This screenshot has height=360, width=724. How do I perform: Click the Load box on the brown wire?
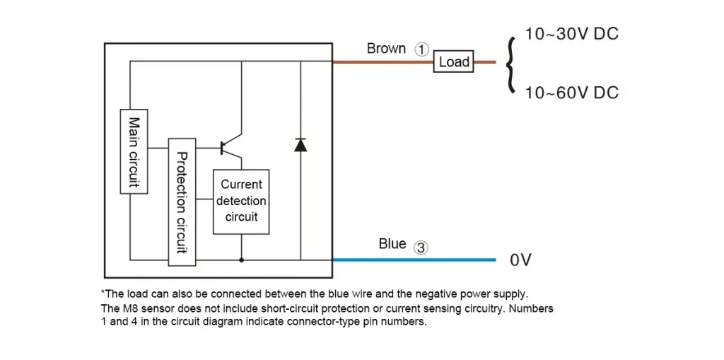(x=453, y=62)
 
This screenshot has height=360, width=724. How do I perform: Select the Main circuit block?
(x=134, y=151)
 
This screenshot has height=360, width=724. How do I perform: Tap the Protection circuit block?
(x=182, y=202)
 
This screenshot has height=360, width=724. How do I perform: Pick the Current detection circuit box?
(x=241, y=202)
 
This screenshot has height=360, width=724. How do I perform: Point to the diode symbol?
(x=300, y=145)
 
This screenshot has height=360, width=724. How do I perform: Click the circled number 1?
(x=421, y=50)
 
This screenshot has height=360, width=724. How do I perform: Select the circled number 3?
(x=420, y=248)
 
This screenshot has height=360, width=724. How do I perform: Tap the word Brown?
(x=386, y=48)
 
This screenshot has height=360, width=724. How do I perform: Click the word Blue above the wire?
(x=392, y=243)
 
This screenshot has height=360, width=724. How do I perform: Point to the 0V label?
(x=521, y=260)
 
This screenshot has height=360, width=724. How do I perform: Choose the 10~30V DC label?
(x=571, y=34)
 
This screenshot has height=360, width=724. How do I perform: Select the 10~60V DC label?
(x=571, y=93)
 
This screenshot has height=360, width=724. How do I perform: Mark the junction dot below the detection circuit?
(x=241, y=260)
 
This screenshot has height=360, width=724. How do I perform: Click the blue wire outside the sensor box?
(x=414, y=260)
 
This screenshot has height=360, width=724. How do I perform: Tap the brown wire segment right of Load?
(x=485, y=62)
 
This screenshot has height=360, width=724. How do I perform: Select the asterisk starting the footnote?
(x=103, y=292)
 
